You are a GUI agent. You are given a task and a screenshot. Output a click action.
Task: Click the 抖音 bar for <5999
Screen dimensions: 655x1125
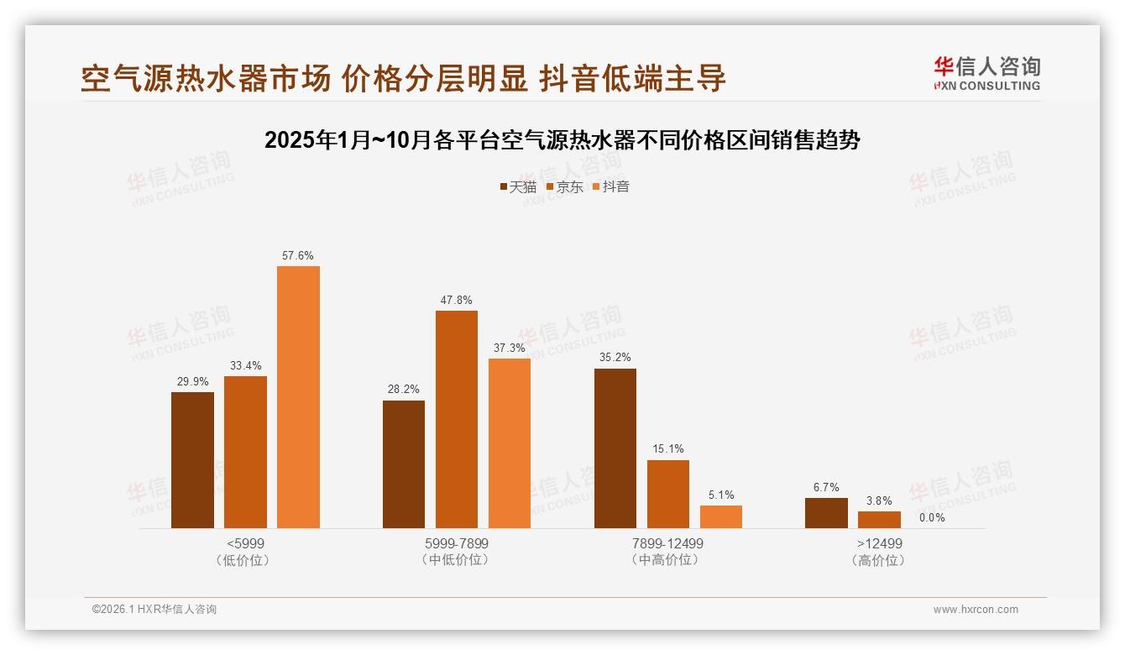point(298,396)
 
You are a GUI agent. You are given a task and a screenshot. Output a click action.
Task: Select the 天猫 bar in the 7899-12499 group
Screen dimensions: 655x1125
point(615,448)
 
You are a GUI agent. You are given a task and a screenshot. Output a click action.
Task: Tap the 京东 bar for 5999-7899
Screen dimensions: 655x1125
point(456,419)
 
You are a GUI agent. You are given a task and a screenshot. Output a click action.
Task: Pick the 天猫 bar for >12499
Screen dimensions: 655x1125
point(826,513)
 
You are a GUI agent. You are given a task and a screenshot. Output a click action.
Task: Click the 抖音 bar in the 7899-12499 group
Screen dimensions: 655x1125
point(721,516)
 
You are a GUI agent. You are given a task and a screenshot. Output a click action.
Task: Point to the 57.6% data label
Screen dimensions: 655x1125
point(298,256)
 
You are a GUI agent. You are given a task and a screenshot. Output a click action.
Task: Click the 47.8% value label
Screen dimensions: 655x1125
point(456,301)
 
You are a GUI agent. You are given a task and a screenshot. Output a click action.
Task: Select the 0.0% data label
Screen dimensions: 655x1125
point(932,517)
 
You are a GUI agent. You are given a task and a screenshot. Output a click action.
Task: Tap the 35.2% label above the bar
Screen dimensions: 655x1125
point(615,358)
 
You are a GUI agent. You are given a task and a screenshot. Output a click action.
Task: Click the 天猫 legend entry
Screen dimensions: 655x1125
point(518,186)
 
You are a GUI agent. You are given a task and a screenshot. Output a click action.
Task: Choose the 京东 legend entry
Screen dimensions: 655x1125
point(565,186)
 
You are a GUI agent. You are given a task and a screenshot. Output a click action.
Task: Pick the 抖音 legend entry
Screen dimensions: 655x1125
point(611,186)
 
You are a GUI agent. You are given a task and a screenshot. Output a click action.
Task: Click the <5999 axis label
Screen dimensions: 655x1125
point(245,543)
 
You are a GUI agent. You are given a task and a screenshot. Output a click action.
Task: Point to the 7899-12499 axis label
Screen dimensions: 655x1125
point(668,543)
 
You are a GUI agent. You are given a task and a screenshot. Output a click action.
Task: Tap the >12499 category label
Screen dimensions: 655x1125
point(879,543)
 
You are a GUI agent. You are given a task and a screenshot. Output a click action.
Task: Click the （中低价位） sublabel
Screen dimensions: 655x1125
point(456,560)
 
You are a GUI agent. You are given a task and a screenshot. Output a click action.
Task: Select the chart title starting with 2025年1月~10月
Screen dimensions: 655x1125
point(562,140)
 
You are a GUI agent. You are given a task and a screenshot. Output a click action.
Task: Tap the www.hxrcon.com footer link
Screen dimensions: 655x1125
point(976,610)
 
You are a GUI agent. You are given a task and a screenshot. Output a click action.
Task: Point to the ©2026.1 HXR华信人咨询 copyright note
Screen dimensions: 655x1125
point(154,610)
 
